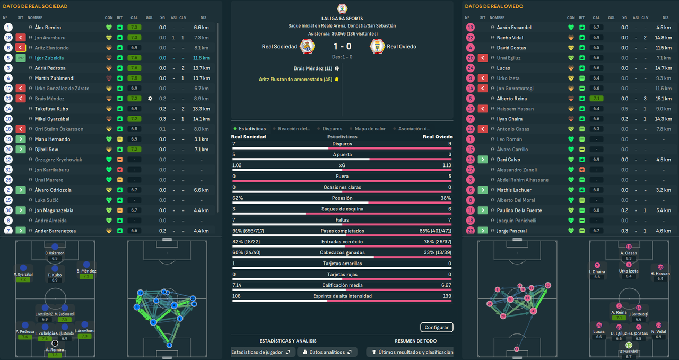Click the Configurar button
437,327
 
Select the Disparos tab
332,129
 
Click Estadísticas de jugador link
260,352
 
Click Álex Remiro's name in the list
48,28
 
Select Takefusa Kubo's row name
51,109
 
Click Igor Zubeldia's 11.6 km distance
201,58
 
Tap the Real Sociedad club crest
307,47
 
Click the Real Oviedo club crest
377,47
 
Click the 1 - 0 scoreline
342,47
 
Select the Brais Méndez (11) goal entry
313,68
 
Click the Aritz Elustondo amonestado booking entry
295,80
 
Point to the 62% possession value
238,198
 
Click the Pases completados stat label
342,231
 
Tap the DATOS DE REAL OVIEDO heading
494,6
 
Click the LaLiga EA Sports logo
342,8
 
